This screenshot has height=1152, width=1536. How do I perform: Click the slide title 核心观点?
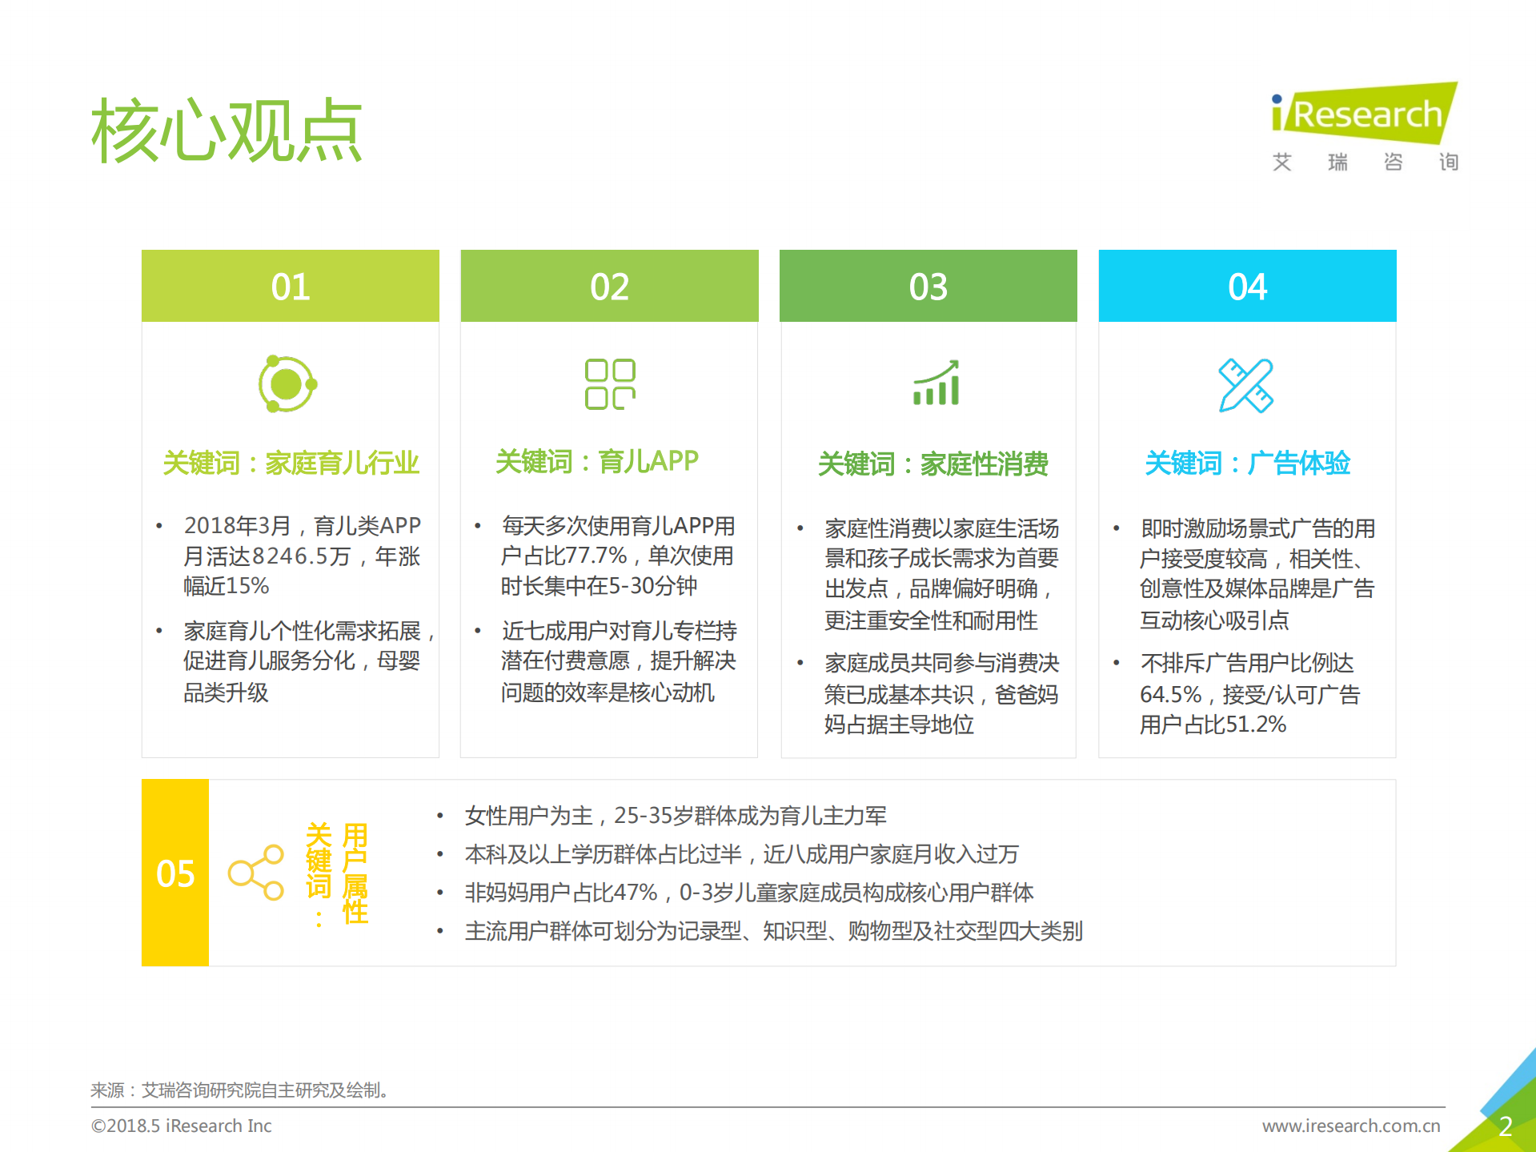tap(227, 130)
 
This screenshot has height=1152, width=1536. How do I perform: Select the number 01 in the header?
tap(290, 287)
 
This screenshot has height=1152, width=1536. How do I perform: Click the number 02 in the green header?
tap(609, 287)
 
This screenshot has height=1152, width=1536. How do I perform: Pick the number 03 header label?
tap(928, 287)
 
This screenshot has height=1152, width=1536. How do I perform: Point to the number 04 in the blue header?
tap(1247, 287)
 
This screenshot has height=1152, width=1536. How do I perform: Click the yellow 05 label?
tap(175, 873)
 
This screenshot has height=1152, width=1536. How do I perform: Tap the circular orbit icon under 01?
tap(287, 384)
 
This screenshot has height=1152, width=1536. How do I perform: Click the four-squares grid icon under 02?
tap(610, 384)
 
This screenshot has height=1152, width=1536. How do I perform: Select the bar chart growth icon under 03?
tap(936, 383)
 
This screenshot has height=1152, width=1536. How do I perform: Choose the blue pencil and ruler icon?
tap(1245, 385)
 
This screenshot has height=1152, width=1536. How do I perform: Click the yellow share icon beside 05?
tap(256, 873)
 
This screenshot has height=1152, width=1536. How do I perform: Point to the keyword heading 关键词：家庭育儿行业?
tap(291, 463)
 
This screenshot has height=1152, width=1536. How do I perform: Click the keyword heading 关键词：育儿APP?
tap(597, 461)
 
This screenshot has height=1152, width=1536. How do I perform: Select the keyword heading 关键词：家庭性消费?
tap(932, 464)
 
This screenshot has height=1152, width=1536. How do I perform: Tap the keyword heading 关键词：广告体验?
tap(1247, 463)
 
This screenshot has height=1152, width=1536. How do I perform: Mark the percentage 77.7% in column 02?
tap(596, 556)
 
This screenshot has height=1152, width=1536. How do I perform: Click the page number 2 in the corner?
tap(1505, 1126)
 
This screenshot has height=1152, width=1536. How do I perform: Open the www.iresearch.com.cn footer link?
tap(1351, 1126)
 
